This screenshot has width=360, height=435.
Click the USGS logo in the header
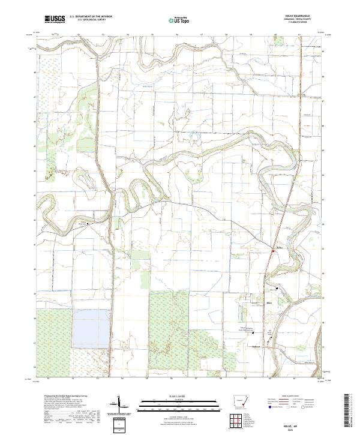55,19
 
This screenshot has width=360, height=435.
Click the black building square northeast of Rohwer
278,289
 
